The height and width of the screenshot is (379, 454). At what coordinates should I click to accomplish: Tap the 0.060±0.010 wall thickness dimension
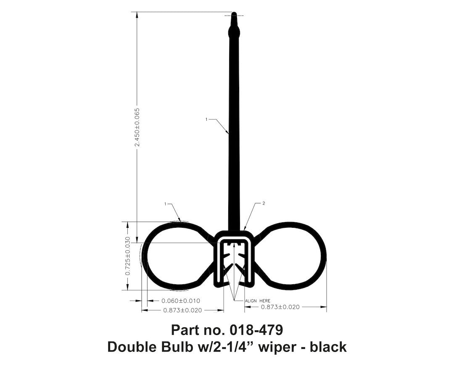tap(181, 301)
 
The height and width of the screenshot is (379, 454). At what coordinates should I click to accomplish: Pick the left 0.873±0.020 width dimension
tap(182, 310)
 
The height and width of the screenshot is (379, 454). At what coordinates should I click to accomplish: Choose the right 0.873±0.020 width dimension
tap(280, 307)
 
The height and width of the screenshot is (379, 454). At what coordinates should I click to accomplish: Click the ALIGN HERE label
tap(258, 301)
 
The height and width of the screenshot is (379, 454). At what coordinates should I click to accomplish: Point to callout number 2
tap(263, 203)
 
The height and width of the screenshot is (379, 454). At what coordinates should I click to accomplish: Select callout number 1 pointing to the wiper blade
tap(206, 120)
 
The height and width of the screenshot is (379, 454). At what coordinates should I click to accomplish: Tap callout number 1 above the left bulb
tap(166, 204)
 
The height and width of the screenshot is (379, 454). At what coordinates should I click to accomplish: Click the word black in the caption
tap(328, 347)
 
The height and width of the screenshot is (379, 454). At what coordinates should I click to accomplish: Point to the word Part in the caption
tap(186, 329)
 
